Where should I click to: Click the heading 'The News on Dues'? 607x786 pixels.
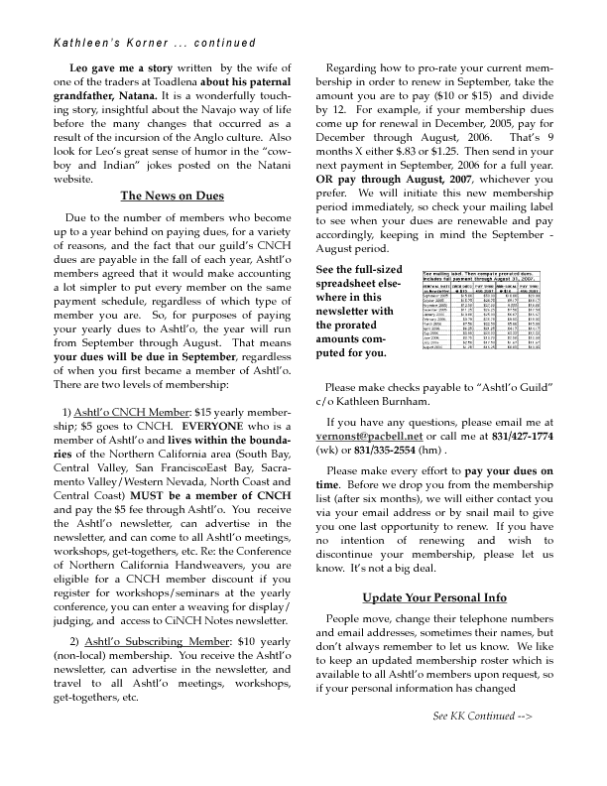[x=171, y=196]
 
